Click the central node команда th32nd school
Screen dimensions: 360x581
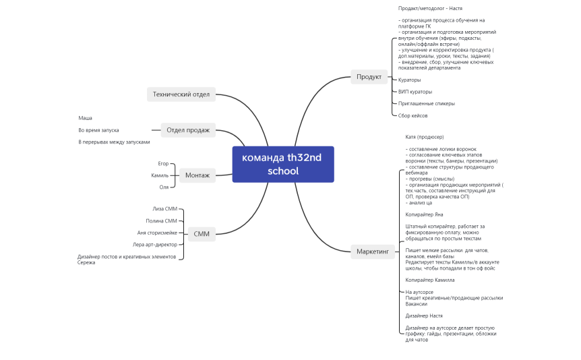[x=282, y=164]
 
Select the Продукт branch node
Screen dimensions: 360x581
[x=369, y=77]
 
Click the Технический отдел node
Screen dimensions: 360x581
[x=181, y=94]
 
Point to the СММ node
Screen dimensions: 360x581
[x=201, y=234]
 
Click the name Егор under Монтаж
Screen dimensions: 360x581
[x=163, y=163]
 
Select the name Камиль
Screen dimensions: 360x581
[x=160, y=175]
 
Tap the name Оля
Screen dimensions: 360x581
[x=164, y=187]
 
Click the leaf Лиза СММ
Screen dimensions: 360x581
[x=164, y=209]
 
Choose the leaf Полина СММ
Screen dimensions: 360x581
[x=161, y=220]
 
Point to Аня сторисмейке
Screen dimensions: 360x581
[x=157, y=233]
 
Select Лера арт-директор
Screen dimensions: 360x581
[x=155, y=244]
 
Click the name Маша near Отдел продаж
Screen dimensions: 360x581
[x=85, y=118]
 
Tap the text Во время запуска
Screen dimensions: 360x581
[x=98, y=130]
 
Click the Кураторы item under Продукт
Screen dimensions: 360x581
[x=409, y=80]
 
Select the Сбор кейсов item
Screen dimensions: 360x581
[x=413, y=115]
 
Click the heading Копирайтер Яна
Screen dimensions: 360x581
[x=424, y=214]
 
